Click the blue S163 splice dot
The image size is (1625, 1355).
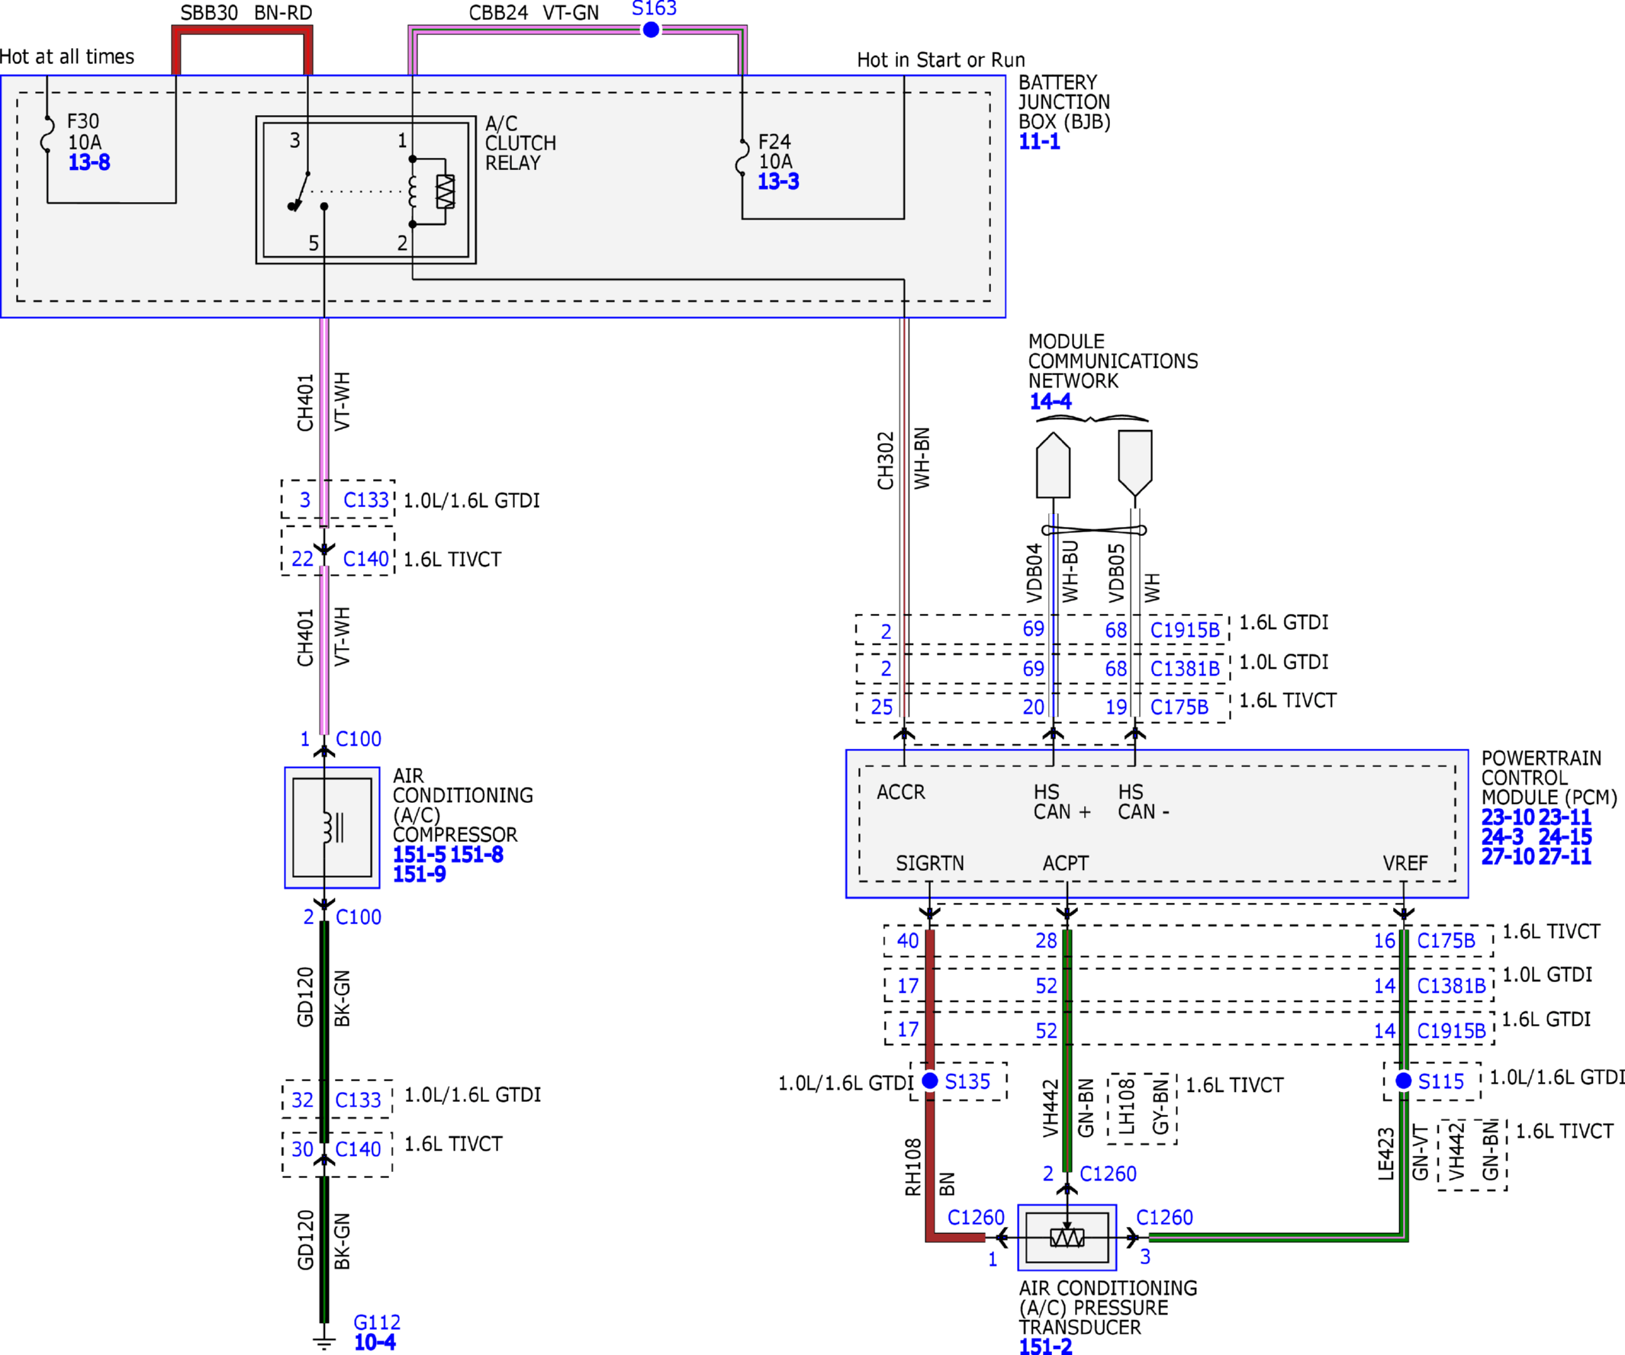pyautogui.click(x=651, y=30)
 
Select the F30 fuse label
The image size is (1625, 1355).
pyautogui.click(x=83, y=121)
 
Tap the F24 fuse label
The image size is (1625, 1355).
pyautogui.click(x=774, y=142)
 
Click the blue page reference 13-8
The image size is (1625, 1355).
pyautogui.click(x=89, y=162)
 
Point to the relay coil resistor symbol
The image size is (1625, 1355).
pyautogui.click(x=446, y=191)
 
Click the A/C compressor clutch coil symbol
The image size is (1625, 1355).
pyautogui.click(x=333, y=827)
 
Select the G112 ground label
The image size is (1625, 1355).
pyautogui.click(x=377, y=1321)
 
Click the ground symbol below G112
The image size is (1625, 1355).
pyautogui.click(x=324, y=1344)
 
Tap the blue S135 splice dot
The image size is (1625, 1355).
pyautogui.click(x=930, y=1080)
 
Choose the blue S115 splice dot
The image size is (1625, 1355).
pyautogui.click(x=1404, y=1080)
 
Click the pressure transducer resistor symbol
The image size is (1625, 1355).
pyautogui.click(x=1067, y=1238)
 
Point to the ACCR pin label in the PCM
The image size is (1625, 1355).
pyautogui.click(x=901, y=792)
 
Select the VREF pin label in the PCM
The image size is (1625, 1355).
pyautogui.click(x=1405, y=863)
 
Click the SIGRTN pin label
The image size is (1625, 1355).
pyautogui.click(x=930, y=863)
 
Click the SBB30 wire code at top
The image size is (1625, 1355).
pyautogui.click(x=209, y=12)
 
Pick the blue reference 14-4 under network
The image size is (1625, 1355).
pyautogui.click(x=1050, y=400)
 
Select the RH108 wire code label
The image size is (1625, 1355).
pyautogui.click(x=913, y=1167)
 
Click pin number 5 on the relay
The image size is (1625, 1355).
pyautogui.click(x=314, y=242)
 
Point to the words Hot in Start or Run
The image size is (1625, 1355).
pyautogui.click(x=941, y=59)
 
